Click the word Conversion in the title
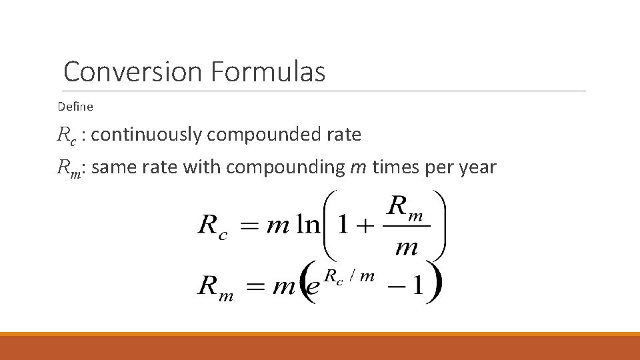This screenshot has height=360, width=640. (x=133, y=71)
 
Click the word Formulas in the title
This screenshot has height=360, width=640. (x=268, y=71)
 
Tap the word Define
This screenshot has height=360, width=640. (x=75, y=106)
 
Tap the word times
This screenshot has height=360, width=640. (x=393, y=167)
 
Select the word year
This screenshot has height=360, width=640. (x=478, y=167)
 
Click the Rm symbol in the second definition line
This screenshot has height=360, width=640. (x=70, y=168)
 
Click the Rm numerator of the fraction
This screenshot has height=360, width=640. (x=405, y=207)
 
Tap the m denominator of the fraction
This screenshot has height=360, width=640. (x=406, y=248)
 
